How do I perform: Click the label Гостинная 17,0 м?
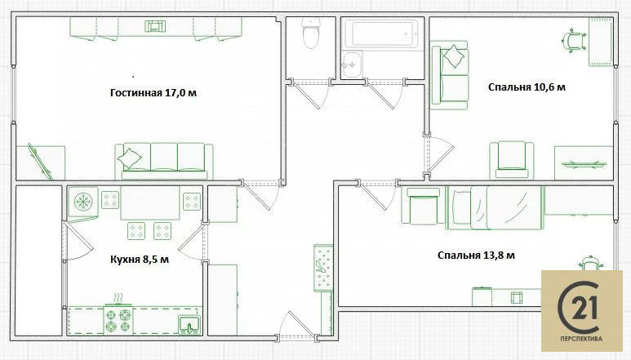point(153,93)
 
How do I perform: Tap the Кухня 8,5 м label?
point(140,260)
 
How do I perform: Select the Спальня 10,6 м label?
point(527,87)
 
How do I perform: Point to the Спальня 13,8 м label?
point(476,255)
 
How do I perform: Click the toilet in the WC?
point(311,33)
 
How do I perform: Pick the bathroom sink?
point(352,64)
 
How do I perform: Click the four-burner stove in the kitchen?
point(118,320)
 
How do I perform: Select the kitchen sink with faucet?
point(189,325)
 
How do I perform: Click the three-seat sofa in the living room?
point(164,161)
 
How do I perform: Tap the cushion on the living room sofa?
point(129,158)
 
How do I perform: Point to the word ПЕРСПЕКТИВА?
point(581,339)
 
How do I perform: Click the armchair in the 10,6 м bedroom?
point(512,160)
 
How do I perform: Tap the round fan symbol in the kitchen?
point(83,202)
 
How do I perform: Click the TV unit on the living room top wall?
point(155,27)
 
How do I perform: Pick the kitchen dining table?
point(149,202)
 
